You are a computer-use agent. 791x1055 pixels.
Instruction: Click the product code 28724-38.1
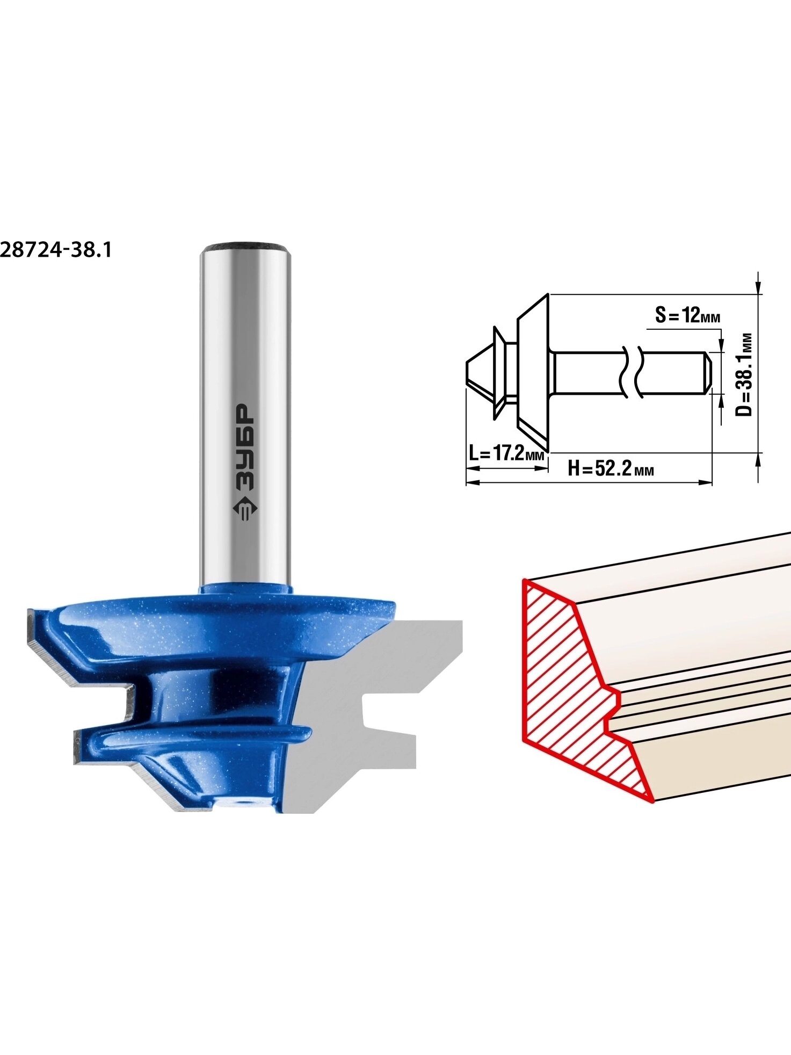pyautogui.click(x=56, y=250)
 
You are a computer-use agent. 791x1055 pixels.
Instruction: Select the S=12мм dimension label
pyautogui.click(x=688, y=315)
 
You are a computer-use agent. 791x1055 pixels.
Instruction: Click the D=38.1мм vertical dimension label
pyautogui.click(x=744, y=374)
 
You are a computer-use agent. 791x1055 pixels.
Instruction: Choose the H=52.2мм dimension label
pyautogui.click(x=611, y=469)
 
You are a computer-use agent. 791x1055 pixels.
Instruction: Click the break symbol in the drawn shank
pyautogui.click(x=632, y=372)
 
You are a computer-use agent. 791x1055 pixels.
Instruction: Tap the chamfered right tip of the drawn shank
pyautogui.click(x=708, y=372)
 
